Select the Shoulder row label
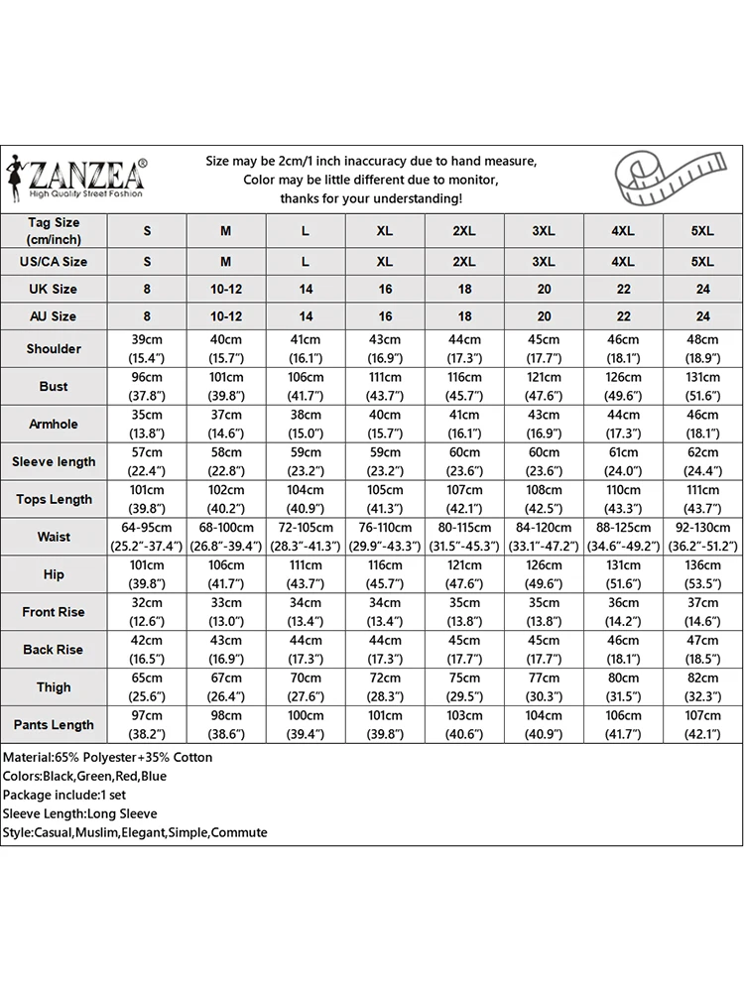tap(54, 349)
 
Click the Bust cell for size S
tap(147, 387)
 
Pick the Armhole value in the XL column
tap(385, 425)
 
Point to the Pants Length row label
tap(54, 725)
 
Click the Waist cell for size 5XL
tap(702, 537)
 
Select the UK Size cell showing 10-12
tap(226, 290)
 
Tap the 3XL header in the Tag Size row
tap(544, 231)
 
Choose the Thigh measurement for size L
tap(306, 687)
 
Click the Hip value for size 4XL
tap(623, 574)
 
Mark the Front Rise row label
tap(54, 612)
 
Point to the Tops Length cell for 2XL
tap(464, 499)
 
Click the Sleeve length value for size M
tap(226, 461)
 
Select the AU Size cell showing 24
tap(702, 316)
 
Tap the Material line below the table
tap(107, 758)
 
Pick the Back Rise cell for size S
tap(147, 650)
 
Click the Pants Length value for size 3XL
tap(544, 725)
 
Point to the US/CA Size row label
tap(54, 262)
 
